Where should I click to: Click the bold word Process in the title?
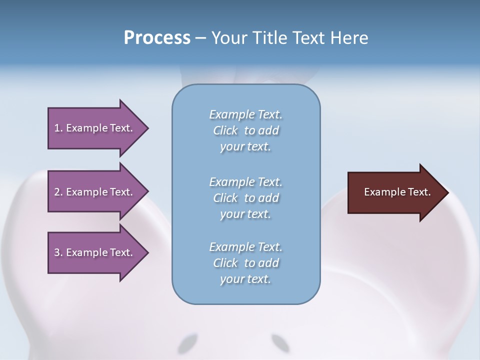point(157,38)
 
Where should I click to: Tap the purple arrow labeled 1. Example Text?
point(95,128)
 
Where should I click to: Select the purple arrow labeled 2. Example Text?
point(95,192)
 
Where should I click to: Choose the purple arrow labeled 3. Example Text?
point(95,252)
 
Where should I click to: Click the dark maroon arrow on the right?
point(395,192)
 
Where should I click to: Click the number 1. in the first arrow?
point(58,128)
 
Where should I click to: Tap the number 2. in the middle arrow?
point(58,192)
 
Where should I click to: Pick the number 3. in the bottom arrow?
point(58,252)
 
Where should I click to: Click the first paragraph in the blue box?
point(245,130)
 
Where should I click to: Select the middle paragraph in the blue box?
point(245,198)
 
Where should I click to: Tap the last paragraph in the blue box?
point(245,263)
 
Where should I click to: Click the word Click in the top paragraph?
point(225,130)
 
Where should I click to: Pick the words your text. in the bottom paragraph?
point(245,279)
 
